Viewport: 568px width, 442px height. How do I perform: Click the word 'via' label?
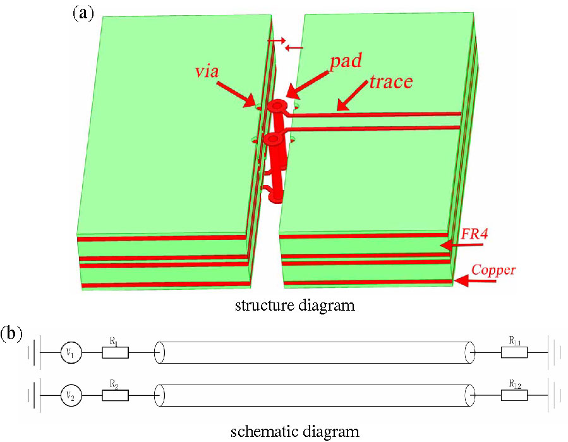pyautogui.click(x=207, y=71)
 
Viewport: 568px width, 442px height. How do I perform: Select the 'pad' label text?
pyautogui.click(x=347, y=62)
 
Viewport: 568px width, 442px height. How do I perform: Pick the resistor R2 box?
pyautogui.click(x=115, y=396)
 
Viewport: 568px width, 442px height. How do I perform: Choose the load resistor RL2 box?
pyautogui.click(x=514, y=396)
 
